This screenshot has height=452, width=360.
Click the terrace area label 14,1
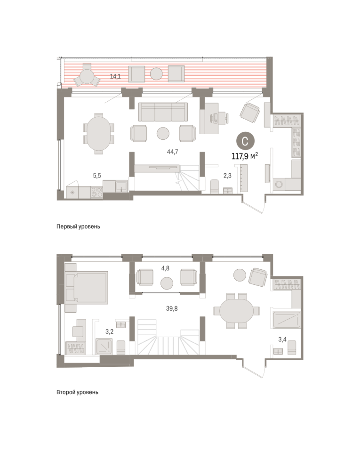(x=115, y=76)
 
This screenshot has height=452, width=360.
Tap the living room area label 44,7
(x=173, y=152)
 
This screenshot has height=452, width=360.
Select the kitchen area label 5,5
(x=97, y=176)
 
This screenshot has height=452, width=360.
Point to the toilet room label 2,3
(x=227, y=175)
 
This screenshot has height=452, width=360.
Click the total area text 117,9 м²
(x=245, y=156)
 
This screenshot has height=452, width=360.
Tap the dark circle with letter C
(x=245, y=141)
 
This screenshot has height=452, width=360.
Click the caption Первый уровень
(x=78, y=226)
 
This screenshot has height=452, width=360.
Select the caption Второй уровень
(x=78, y=392)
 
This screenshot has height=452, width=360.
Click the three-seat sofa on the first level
(x=163, y=112)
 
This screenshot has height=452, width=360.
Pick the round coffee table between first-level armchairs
(x=163, y=133)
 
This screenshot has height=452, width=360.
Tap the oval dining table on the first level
(x=98, y=134)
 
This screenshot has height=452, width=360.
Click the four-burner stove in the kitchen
(x=97, y=192)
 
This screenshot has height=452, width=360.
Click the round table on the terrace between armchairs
(x=156, y=74)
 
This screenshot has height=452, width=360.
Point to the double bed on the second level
(x=87, y=288)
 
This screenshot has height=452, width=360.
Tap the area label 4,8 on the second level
(x=165, y=268)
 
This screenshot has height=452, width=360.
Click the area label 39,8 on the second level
(x=172, y=308)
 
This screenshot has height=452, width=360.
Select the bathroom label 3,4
(x=282, y=339)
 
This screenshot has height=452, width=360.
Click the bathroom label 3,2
(x=110, y=332)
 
